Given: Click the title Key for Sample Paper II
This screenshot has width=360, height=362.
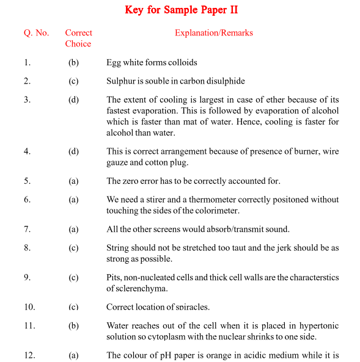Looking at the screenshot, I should [182, 10].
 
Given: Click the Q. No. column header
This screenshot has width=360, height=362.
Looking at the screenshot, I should [37, 33].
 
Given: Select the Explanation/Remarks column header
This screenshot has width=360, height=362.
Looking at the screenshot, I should [214, 33].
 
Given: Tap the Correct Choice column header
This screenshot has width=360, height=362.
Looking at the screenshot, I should [78, 38].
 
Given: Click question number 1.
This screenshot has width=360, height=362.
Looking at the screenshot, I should [27, 62].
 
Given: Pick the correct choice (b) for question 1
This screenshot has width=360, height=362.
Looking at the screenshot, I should [73, 62].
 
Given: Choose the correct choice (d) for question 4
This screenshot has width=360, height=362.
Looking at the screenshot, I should [73, 151].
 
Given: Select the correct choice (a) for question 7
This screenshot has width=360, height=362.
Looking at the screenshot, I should [73, 229].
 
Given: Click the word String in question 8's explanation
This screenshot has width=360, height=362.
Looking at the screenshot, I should [118, 248].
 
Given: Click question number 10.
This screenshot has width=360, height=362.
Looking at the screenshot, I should [29, 306].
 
